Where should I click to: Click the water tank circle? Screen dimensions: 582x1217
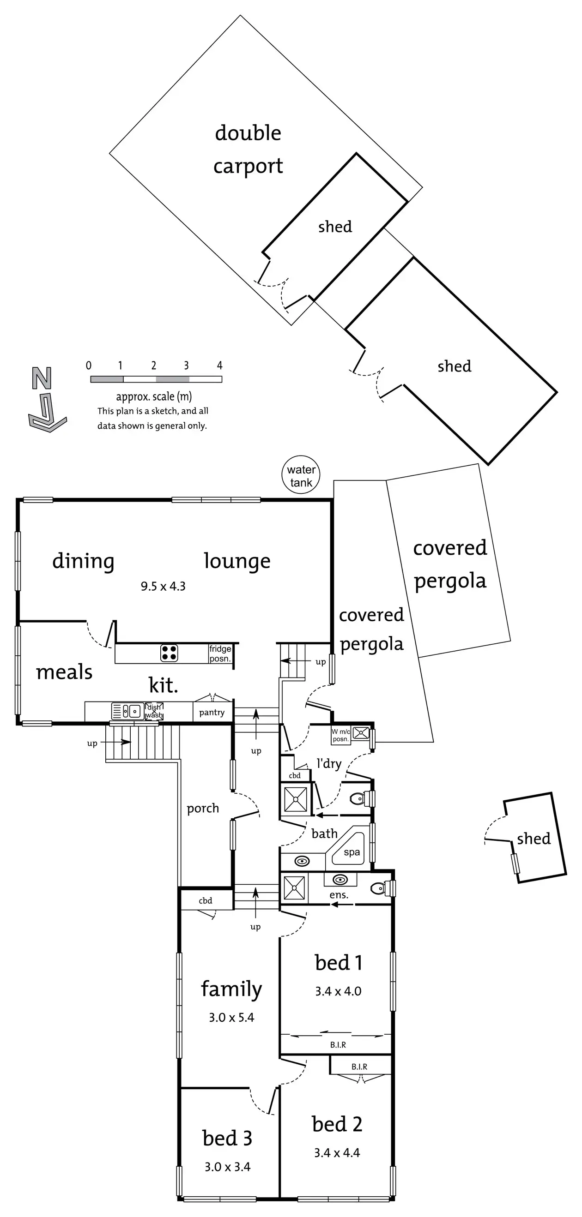[301, 475]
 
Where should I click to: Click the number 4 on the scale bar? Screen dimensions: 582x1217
[219, 365]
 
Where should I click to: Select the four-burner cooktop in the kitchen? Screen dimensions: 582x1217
[169, 653]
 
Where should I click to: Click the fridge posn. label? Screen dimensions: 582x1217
[220, 653]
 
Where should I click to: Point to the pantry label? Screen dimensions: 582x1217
[212, 713]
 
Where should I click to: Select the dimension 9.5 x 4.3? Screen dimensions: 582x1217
[163, 586]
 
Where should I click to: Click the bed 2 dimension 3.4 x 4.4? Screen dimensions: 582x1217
[337, 1153]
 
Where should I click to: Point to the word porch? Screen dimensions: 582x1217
[203, 809]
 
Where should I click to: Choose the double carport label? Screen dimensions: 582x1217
[248, 149]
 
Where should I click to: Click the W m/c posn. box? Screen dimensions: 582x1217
[341, 735]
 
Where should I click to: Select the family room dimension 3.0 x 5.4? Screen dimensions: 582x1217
[231, 1017]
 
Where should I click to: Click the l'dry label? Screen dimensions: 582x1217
[329, 763]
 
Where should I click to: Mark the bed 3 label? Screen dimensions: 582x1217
[227, 1138]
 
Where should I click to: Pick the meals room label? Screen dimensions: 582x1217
[64, 672]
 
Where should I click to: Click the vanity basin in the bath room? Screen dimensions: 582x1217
[302, 861]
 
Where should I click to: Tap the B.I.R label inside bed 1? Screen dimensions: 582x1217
[338, 1044]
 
